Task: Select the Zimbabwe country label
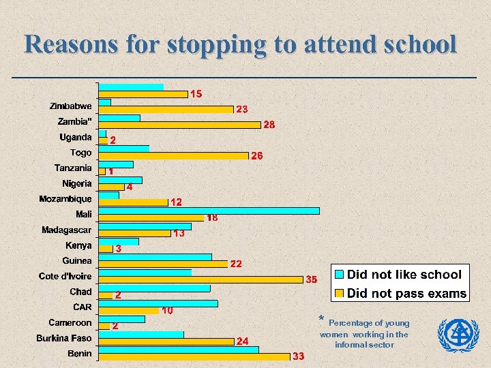point(70,106)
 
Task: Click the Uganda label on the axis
point(75,137)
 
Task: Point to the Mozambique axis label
point(65,199)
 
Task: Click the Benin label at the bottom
point(79,353)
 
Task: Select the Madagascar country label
point(66,230)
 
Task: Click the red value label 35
point(311,279)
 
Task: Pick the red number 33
point(298,356)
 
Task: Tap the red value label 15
point(195,93)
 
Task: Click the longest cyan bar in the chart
point(209,211)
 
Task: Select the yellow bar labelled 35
point(200,279)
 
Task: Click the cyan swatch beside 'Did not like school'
point(339,275)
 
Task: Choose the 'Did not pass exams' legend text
point(406,294)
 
